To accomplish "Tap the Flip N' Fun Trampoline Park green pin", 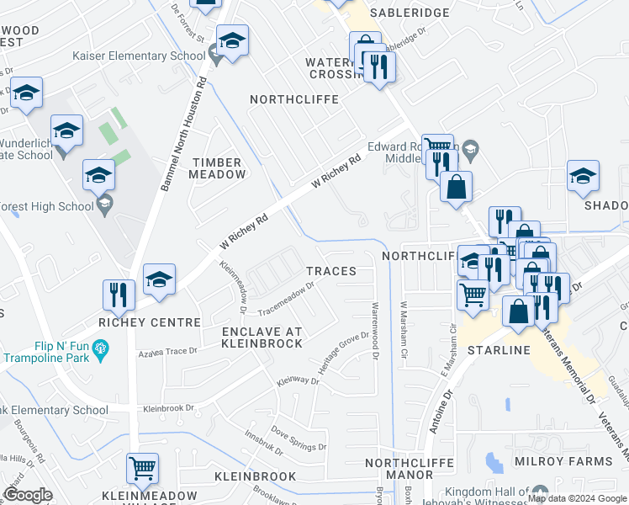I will tap(101, 347).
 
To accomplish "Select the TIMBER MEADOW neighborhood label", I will tap(219, 168).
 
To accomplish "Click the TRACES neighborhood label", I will tap(330, 271).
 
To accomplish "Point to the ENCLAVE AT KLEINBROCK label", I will tap(262, 338).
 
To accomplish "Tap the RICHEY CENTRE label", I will tap(149, 322).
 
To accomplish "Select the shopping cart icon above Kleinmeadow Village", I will tap(142, 466).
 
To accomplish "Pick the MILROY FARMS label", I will tap(577, 461).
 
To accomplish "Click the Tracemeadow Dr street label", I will tap(285, 295).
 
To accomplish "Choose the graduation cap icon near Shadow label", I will tap(582, 175).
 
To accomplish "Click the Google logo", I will tap(28, 496).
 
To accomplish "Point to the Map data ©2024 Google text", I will tap(576, 498).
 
